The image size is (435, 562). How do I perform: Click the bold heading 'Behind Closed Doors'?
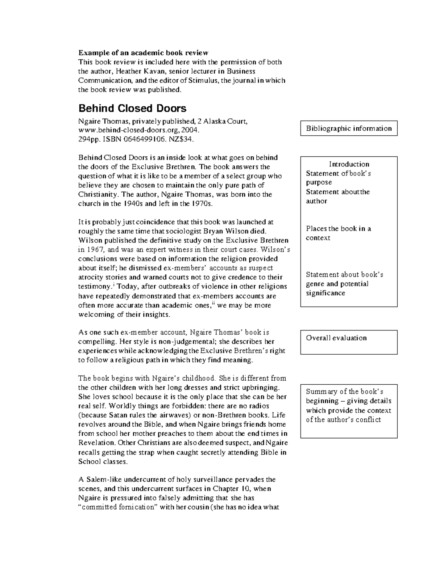[132, 109]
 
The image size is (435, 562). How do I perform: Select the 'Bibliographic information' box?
[349, 128]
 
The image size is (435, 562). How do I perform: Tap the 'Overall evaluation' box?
[349, 342]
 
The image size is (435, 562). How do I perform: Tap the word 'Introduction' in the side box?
[349, 164]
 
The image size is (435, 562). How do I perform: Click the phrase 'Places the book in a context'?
[338, 233]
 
